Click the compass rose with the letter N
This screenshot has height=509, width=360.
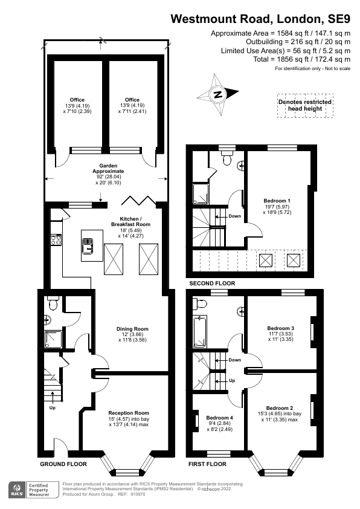click(x=218, y=94)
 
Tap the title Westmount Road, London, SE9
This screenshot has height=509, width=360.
click(x=260, y=19)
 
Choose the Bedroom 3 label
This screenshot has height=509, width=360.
click(x=279, y=332)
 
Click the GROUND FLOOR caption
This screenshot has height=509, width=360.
click(x=63, y=464)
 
